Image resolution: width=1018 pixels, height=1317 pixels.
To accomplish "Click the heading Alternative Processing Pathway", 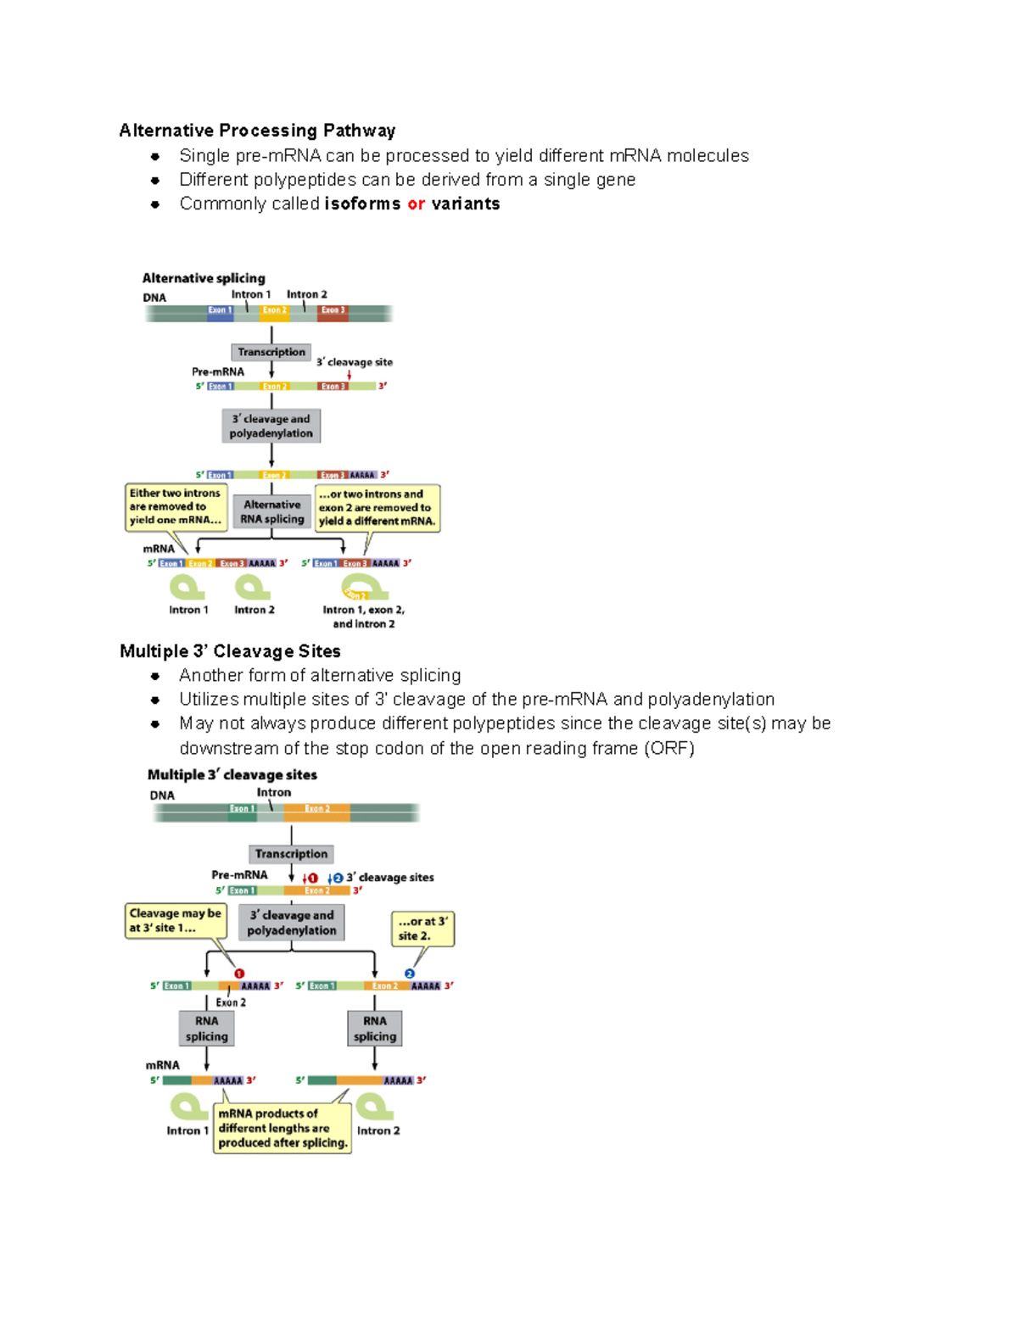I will click(257, 131).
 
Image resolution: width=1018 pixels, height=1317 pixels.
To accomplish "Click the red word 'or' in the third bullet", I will click(416, 204).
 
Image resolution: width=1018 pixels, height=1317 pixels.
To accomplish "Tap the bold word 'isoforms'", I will click(362, 204).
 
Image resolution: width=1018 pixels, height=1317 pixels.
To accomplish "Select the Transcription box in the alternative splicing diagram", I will click(271, 352).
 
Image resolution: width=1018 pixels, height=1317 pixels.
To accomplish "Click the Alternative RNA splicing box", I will click(271, 512).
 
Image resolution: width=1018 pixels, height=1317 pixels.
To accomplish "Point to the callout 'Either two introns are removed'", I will click(176, 507).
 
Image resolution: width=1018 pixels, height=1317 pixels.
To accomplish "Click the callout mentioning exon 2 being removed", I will click(378, 507).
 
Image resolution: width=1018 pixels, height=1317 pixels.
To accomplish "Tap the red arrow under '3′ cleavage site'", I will click(349, 375).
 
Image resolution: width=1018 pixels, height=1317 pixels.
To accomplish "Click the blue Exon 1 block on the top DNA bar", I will click(220, 310).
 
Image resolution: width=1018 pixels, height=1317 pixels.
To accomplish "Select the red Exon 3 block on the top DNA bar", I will click(333, 310).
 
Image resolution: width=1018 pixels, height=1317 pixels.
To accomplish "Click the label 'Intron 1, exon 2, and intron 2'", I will click(363, 617).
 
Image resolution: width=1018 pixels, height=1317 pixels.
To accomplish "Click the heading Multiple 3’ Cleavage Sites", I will click(230, 651).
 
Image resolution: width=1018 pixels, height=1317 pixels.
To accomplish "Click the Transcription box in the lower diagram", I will click(291, 854).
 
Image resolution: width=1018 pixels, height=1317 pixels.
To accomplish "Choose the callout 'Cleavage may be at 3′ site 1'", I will click(176, 921).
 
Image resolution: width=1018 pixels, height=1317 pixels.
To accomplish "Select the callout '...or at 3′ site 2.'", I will click(422, 929).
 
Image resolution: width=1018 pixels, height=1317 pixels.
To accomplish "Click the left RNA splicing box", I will click(207, 1029).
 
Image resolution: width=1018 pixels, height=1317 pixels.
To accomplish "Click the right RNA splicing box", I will click(374, 1029).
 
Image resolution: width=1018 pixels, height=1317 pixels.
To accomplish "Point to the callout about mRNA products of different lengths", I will click(282, 1129).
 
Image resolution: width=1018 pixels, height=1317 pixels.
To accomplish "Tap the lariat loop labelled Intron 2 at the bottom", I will click(373, 1107).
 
